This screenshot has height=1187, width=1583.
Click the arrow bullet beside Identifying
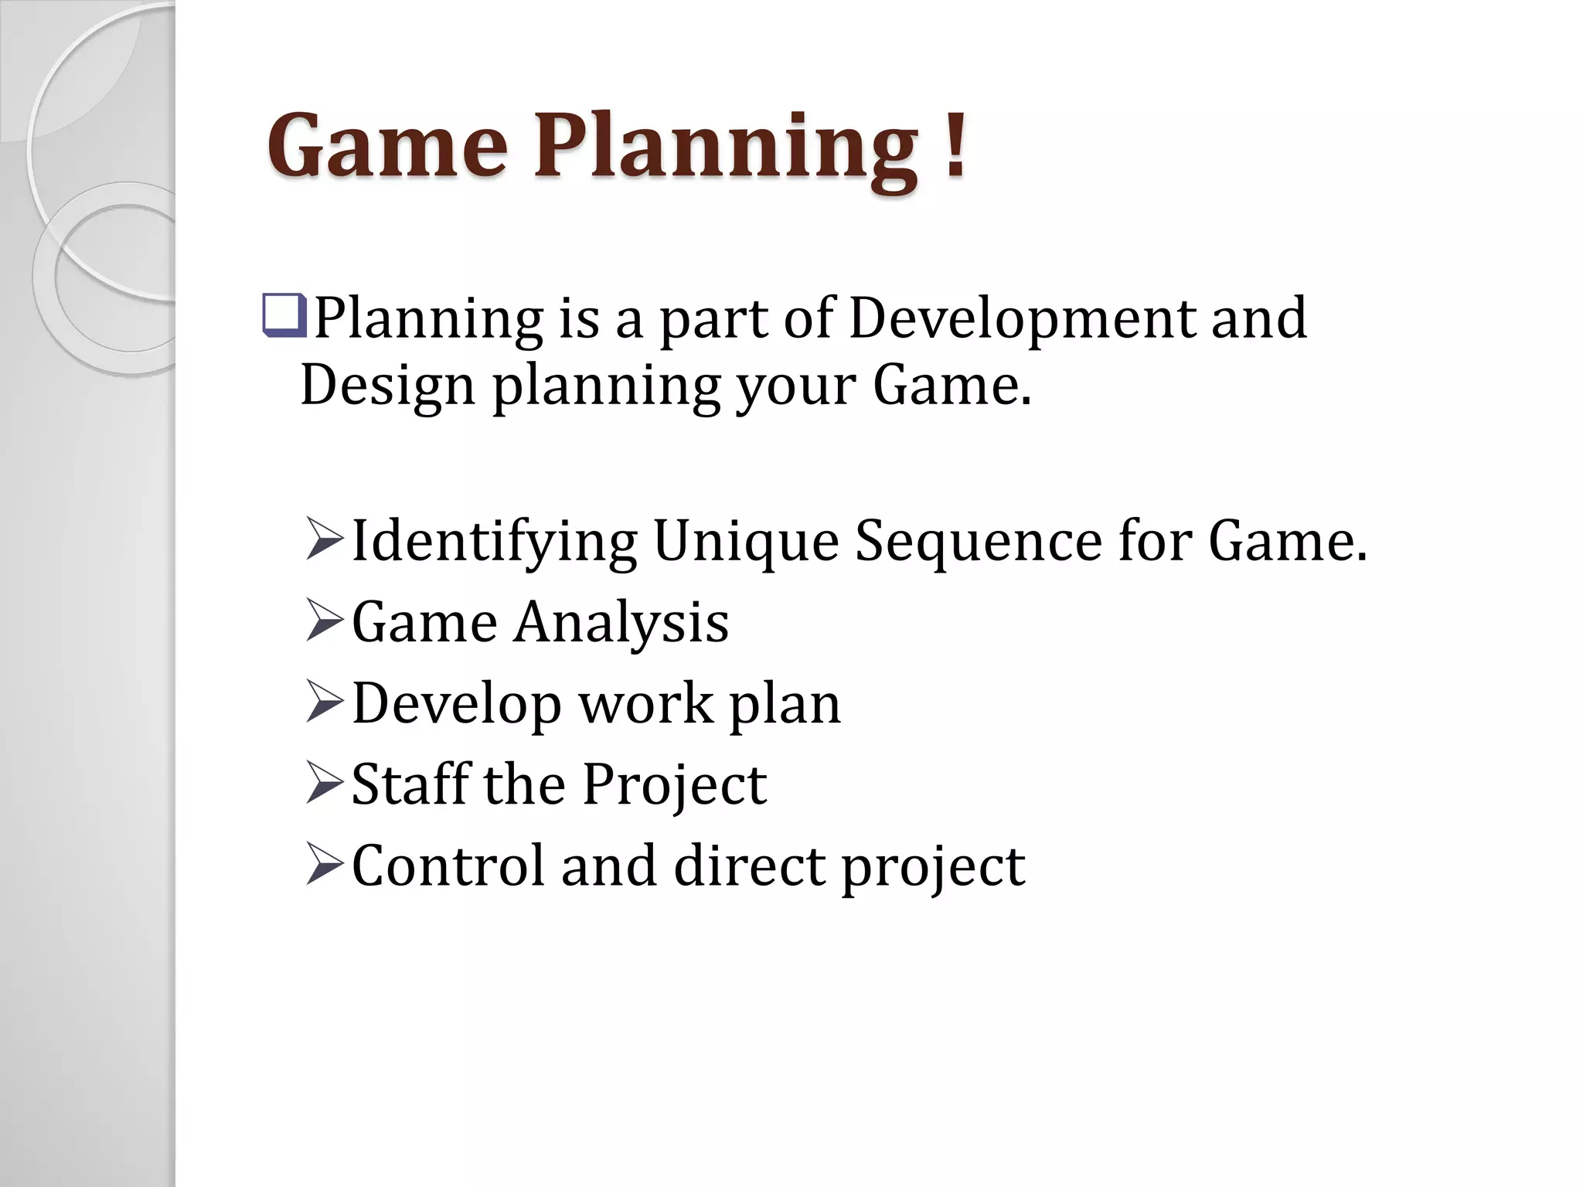pyautogui.click(x=324, y=539)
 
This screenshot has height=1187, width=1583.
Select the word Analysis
pyautogui.click(x=621, y=624)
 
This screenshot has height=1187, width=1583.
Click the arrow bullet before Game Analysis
pyautogui.click(x=324, y=621)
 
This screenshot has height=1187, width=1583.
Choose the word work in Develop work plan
pyautogui.click(x=646, y=704)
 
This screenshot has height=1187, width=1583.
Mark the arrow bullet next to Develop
pyautogui.click(x=324, y=702)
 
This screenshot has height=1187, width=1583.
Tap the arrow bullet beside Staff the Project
pyautogui.click(x=324, y=783)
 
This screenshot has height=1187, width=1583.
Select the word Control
pyautogui.click(x=448, y=866)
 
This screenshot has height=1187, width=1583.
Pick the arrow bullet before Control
pyautogui.click(x=324, y=864)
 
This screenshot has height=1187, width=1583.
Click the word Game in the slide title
pyautogui.click(x=387, y=147)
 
